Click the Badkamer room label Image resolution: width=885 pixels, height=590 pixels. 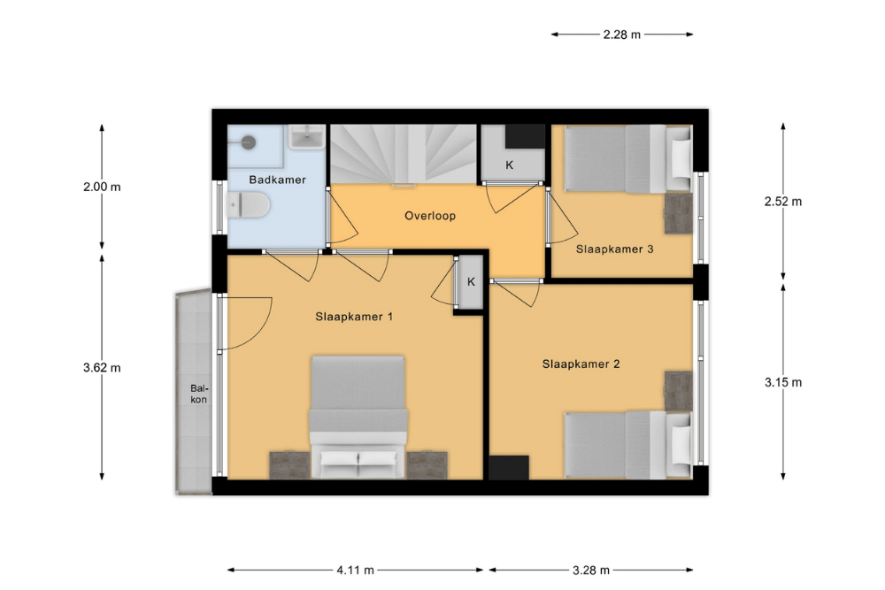coord(277,180)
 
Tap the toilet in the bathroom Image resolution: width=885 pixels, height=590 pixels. coord(247,204)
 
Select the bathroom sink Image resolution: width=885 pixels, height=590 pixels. coord(307,137)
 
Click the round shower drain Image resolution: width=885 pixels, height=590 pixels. coord(249,142)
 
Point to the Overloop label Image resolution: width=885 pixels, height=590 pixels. coord(430,216)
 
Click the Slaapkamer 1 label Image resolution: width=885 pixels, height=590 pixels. coord(354,317)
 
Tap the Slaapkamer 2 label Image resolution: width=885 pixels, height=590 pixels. coord(581,364)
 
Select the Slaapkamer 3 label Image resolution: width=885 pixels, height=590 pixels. coord(615,249)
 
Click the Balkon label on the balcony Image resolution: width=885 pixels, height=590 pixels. coord(198,394)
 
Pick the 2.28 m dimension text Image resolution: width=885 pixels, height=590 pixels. coord(622,34)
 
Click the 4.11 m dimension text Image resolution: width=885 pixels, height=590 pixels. coord(356,571)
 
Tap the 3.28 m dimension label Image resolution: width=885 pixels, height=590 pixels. coord(591,571)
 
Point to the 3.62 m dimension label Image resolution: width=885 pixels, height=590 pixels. coord(102,368)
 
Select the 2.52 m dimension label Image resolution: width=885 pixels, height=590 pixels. coord(783,202)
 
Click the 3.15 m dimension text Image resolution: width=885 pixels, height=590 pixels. coord(783,382)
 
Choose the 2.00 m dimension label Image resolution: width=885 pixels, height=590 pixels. coord(102,187)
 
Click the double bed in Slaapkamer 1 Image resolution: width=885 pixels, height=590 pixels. coord(358,417)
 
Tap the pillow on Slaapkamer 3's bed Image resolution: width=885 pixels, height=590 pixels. coord(679,158)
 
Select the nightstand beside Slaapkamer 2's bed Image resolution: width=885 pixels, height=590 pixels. coord(678,390)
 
